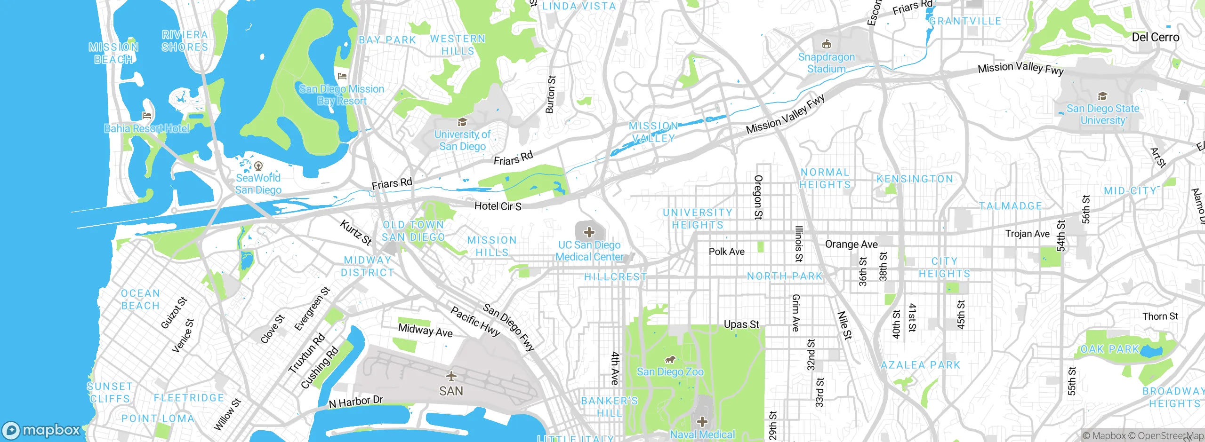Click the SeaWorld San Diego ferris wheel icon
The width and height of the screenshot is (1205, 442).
(258, 166)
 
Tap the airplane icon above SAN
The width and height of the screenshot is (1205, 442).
(451, 376)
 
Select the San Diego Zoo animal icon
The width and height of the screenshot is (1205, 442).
(670, 360)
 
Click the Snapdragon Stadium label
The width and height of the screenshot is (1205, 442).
(826, 63)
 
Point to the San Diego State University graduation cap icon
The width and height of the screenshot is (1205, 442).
(1102, 96)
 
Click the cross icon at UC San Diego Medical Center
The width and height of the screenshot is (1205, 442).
(589, 232)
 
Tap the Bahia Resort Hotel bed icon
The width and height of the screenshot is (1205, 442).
(147, 116)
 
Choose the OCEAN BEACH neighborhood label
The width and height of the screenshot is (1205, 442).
(140, 300)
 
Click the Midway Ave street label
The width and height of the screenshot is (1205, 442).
(425, 331)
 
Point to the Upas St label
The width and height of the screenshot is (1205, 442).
(741, 324)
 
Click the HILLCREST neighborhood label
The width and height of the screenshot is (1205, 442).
(615, 277)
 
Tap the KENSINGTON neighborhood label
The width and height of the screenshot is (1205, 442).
(915, 179)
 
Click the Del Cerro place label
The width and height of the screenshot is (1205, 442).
(1155, 37)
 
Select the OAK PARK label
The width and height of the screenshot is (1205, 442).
(1110, 349)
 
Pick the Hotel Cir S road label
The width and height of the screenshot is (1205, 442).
(498, 206)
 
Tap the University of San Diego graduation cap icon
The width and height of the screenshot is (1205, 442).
(462, 122)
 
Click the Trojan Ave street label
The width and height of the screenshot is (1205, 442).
(1027, 234)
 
